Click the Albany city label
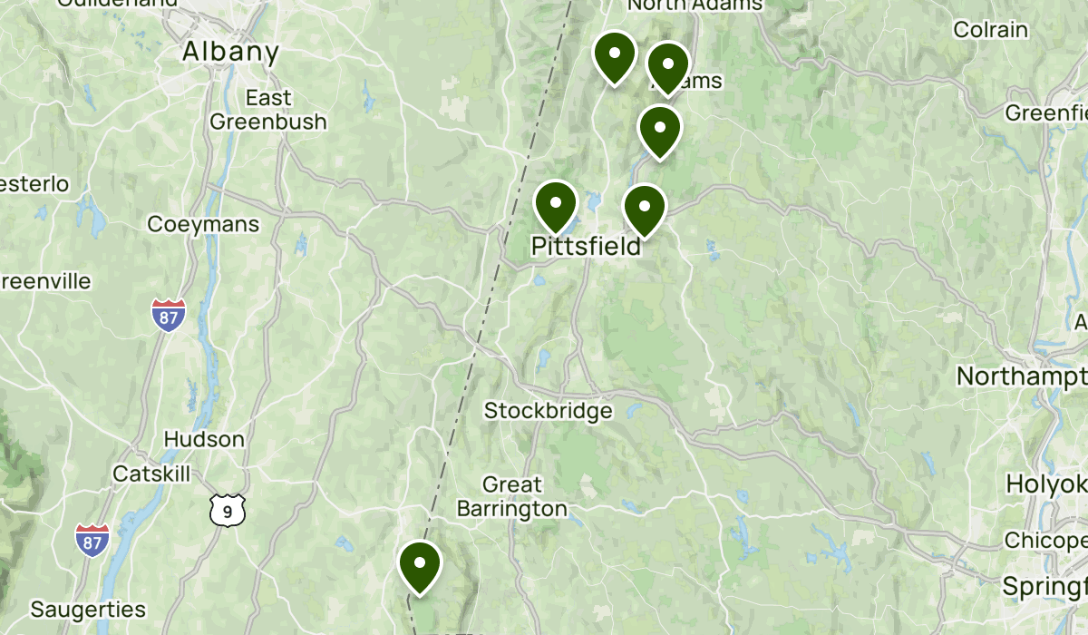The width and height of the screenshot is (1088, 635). pyautogui.click(x=230, y=52)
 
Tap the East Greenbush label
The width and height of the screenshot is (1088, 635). pyautogui.click(x=268, y=109)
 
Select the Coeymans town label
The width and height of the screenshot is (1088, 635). pyautogui.click(x=203, y=223)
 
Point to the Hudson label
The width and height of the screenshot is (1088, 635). pyautogui.click(x=204, y=439)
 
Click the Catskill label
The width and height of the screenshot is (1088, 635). pyautogui.click(x=152, y=474)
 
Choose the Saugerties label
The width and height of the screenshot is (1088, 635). pyautogui.click(x=88, y=608)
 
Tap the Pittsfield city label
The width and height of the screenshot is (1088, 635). pyautogui.click(x=585, y=245)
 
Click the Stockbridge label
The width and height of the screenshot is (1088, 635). pyautogui.click(x=548, y=411)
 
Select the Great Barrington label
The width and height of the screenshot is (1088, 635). pyautogui.click(x=512, y=496)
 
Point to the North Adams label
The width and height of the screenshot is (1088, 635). pyautogui.click(x=695, y=5)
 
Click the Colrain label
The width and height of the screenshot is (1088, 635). pyautogui.click(x=991, y=29)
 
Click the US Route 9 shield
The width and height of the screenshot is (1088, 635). pyautogui.click(x=227, y=511)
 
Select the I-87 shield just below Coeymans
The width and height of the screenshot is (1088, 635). pyautogui.click(x=169, y=314)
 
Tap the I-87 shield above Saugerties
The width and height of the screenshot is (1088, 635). pyautogui.click(x=92, y=540)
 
